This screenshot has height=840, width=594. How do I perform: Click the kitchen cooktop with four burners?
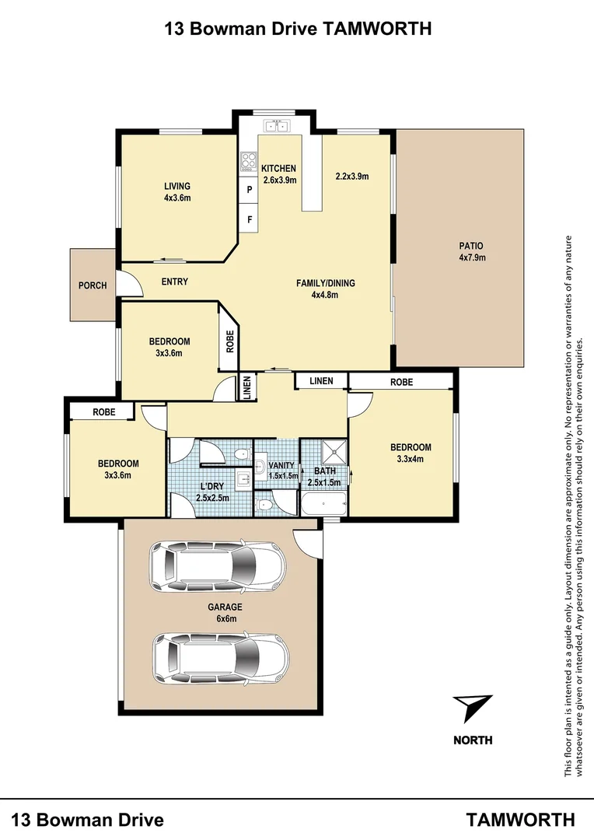coord(249,161)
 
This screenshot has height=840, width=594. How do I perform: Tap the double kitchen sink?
coord(276,124)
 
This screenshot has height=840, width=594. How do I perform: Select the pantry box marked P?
coord(249,190)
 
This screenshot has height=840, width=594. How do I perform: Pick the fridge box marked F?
coord(249,220)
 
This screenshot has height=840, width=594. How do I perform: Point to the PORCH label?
coord(93,285)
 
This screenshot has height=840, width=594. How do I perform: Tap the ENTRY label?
coord(174,282)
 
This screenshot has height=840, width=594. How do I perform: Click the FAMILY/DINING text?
coord(325,283)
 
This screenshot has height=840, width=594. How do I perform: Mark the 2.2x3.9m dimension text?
coord(351,177)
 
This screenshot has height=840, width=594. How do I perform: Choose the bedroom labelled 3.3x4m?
coord(410,453)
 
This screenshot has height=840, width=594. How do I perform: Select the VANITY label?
coord(281,466)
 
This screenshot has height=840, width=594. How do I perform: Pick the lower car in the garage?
coord(220,656)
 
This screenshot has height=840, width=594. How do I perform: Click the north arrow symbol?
coord(472,709)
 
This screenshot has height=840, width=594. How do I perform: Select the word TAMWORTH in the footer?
coord(520,819)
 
